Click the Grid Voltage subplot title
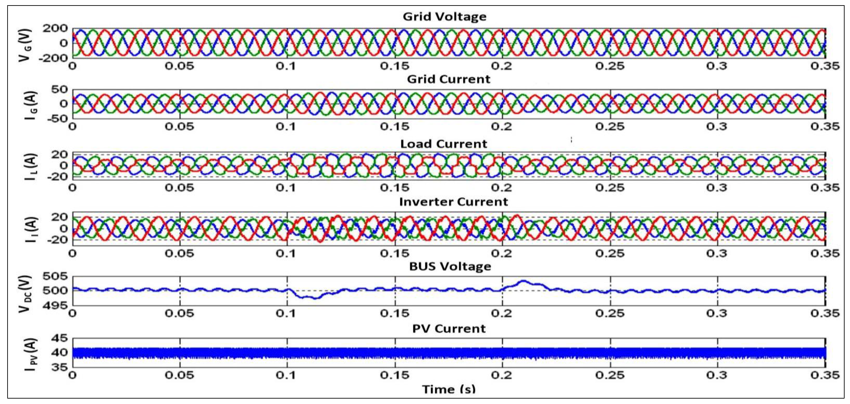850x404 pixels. (x=445, y=16)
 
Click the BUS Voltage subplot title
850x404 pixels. (x=450, y=267)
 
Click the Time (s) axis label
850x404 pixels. (x=449, y=389)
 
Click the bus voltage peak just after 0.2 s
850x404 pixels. (x=523, y=281)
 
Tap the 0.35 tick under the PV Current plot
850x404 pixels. (x=825, y=375)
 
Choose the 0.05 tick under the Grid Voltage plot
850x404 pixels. (x=180, y=66)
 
